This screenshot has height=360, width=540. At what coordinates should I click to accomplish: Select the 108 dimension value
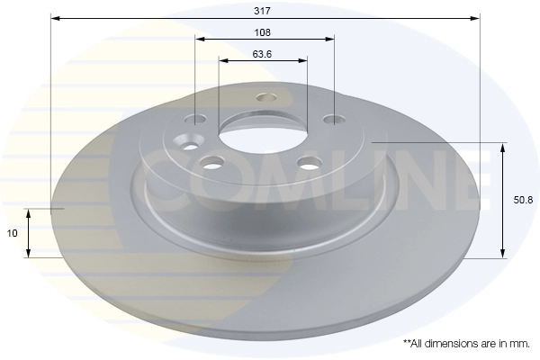[264, 31]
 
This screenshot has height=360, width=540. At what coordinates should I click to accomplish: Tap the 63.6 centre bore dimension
[263, 54]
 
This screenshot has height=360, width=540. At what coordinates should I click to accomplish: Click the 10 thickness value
[13, 233]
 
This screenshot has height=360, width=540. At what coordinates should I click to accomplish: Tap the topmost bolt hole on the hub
[265, 97]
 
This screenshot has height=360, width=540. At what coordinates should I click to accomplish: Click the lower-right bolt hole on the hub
[310, 163]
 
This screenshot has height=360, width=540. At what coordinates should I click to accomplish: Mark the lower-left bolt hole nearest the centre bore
[212, 162]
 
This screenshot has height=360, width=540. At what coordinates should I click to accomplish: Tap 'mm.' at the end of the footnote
[517, 344]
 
